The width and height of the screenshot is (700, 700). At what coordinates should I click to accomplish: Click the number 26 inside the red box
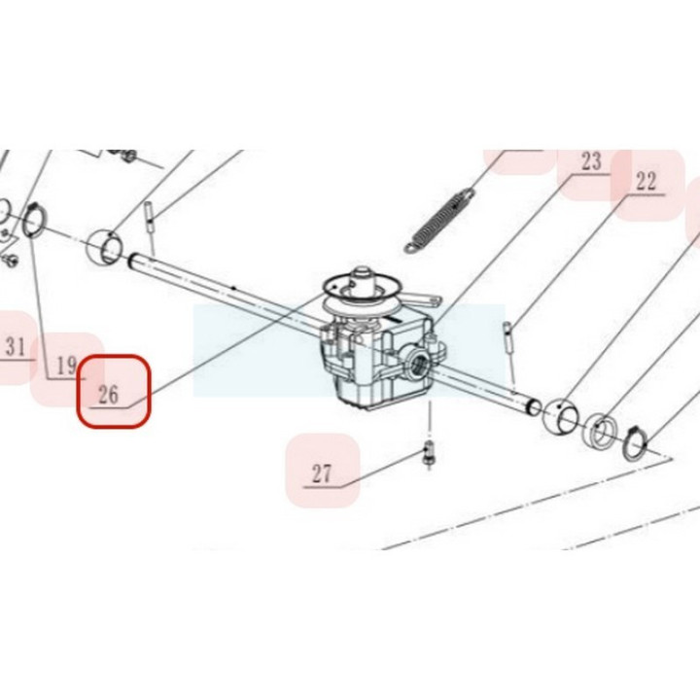[x=109, y=395]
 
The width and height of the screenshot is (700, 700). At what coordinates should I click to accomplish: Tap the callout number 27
[x=322, y=473]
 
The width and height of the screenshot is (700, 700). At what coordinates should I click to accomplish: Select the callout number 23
[x=591, y=161]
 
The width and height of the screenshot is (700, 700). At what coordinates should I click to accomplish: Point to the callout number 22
[x=646, y=181]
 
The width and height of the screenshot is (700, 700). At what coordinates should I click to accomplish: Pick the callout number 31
[x=16, y=346]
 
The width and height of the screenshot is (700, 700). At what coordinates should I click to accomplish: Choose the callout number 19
[x=67, y=367]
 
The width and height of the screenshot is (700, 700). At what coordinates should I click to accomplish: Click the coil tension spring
[x=439, y=222]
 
